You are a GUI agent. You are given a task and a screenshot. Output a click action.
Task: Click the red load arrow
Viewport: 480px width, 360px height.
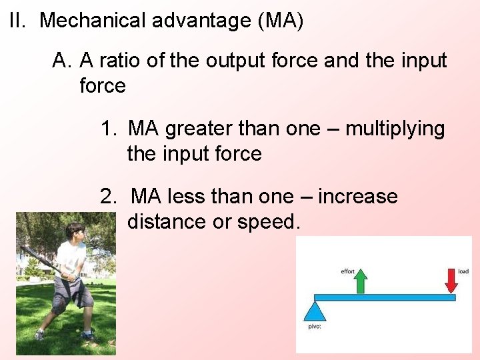tap(451, 281)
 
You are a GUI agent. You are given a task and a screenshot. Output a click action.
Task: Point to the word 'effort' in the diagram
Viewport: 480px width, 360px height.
tap(347, 271)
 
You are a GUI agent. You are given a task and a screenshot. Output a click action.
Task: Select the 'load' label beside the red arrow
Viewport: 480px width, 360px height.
tap(463, 271)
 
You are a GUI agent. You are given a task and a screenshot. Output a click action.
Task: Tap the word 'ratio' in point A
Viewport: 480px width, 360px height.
tap(128, 61)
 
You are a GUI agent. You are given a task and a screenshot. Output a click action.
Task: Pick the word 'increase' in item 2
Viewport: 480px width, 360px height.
tap(357, 197)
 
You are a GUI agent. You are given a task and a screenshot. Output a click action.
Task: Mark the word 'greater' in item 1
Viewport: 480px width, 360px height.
tap(197, 129)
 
